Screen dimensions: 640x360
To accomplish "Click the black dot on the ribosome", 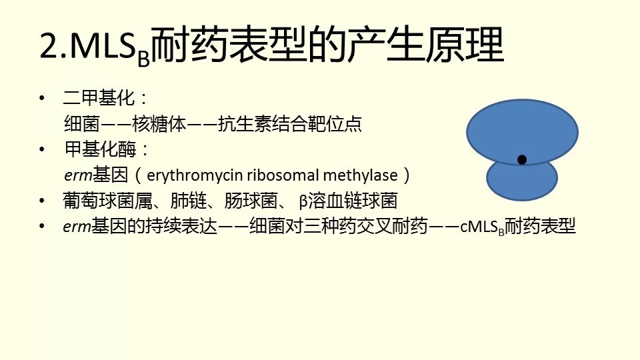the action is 521,159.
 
